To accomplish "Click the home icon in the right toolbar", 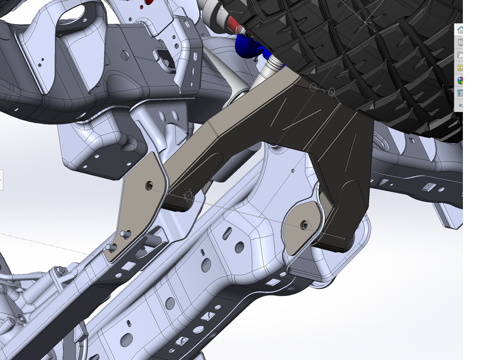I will coord(460,30).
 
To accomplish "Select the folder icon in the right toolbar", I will coord(460,55).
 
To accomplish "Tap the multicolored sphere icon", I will coord(460,80).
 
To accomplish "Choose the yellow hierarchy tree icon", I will coord(460,68).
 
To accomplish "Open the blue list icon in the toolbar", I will coord(460,93).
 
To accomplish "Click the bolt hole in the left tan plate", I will coord(149,185).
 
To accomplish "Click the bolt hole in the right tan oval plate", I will coord(304,225).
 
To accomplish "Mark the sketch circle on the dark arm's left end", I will coord(188,197).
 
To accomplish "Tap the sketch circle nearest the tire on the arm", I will coord(332,92).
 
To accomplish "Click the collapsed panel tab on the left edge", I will coord(1,179).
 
